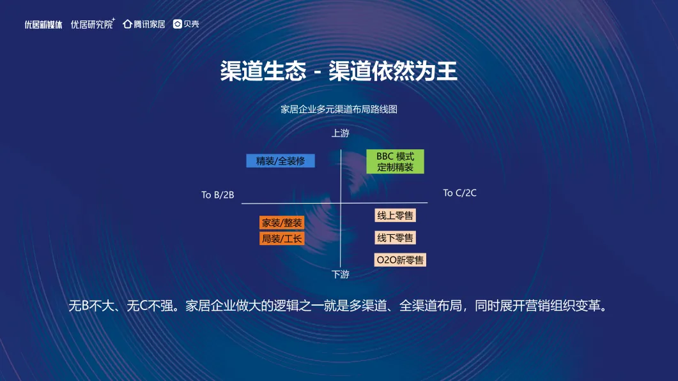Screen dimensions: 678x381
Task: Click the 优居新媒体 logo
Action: pyautogui.click(x=43, y=24)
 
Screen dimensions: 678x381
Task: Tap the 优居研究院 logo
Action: pyautogui.click(x=92, y=24)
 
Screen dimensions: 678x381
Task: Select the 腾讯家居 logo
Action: pyautogui.click(x=144, y=24)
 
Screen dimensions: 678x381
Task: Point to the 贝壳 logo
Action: pyautogui.click(x=186, y=24)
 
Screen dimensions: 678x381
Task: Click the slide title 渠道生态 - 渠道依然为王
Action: pyautogui.click(x=339, y=71)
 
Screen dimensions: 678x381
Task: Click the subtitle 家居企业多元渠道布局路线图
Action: pyautogui.click(x=339, y=109)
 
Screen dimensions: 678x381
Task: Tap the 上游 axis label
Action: pyautogui.click(x=341, y=133)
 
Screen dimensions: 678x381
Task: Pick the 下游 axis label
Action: pyautogui.click(x=341, y=274)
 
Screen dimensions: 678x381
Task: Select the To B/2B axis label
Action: pyautogui.click(x=218, y=195)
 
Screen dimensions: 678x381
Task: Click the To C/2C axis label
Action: pyautogui.click(x=459, y=193)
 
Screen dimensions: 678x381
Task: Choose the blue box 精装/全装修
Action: pyautogui.click(x=281, y=161)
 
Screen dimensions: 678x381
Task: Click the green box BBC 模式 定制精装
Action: pyautogui.click(x=395, y=161)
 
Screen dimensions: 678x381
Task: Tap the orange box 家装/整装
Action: pyautogui.click(x=282, y=223)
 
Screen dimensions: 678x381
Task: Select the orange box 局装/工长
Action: pyautogui.click(x=282, y=239)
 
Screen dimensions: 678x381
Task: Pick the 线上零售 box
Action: pyautogui.click(x=395, y=216)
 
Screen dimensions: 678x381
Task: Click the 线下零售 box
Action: pyautogui.click(x=395, y=238)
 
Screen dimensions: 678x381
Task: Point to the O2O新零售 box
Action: pyautogui.click(x=400, y=260)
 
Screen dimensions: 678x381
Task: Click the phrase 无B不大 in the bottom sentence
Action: pyautogui.click(x=92, y=306)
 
